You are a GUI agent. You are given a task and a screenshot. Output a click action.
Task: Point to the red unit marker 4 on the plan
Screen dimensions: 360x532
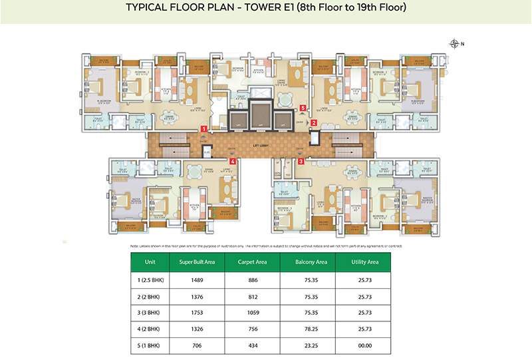click(232, 161)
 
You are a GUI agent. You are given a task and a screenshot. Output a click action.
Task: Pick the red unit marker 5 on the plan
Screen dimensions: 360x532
click(303, 107)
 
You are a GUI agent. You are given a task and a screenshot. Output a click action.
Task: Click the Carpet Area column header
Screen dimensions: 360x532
click(253, 262)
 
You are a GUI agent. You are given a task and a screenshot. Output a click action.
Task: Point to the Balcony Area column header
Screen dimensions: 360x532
click(310, 262)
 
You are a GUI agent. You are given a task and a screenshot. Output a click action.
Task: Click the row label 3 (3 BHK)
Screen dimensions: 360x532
click(150, 312)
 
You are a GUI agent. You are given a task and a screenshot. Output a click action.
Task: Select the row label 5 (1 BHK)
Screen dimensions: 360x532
click(150, 345)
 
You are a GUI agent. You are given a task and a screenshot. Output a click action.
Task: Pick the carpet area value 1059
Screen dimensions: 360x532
click(253, 312)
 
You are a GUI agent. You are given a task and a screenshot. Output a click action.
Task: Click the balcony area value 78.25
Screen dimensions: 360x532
click(310, 329)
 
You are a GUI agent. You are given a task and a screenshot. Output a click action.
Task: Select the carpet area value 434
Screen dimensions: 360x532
click(253, 345)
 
